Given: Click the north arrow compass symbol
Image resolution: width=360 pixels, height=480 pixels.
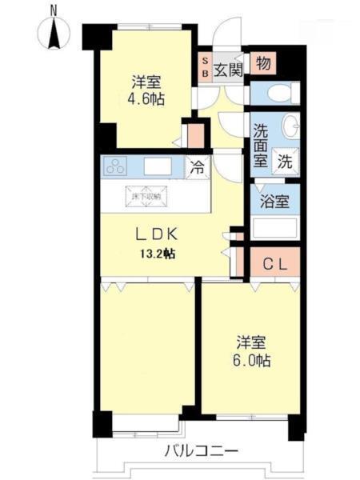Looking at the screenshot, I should tap(53, 30).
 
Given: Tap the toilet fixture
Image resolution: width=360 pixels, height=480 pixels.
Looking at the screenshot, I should tap(276, 94).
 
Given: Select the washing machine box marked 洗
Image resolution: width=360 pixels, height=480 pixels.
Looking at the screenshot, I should tap(285, 159).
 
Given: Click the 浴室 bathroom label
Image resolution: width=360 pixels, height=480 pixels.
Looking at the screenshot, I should tap(274, 200).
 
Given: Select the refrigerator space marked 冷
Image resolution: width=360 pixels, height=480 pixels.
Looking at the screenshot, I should tap(196, 168).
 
